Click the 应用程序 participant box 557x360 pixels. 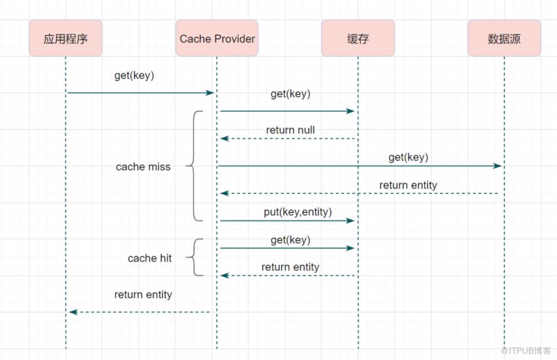point(66,38)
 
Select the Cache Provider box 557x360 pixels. point(217,38)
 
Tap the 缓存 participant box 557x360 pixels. point(358,38)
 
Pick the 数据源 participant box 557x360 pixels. point(504,38)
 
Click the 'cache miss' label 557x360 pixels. point(143,167)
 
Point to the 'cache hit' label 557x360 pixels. point(150,258)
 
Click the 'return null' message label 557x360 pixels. point(290,130)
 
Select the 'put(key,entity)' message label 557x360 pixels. point(298,212)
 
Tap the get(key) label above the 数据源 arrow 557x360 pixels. point(408,157)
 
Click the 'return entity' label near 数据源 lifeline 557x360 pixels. point(408,185)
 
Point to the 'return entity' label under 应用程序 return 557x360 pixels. point(143,295)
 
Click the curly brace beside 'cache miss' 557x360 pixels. point(194,166)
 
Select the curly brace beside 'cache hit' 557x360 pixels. point(194,257)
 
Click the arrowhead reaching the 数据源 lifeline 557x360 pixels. point(498,166)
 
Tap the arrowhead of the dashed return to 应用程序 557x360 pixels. point(73,312)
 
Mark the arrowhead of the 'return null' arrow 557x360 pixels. point(225,138)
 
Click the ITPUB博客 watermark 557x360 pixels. point(526,351)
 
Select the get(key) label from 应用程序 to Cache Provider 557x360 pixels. point(135,76)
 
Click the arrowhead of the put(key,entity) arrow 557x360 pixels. point(350,220)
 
